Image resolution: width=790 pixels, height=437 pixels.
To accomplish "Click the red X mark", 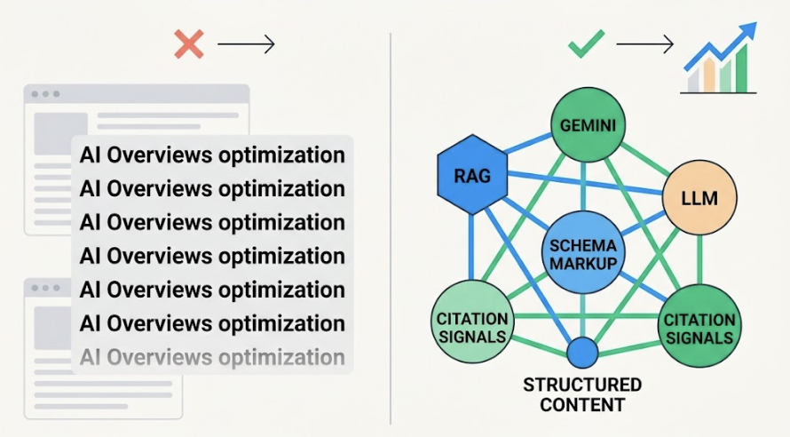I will pos(188,44).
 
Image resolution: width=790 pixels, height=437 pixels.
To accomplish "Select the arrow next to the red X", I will pos(247,44).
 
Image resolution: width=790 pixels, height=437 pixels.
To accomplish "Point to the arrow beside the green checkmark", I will pos(645,44).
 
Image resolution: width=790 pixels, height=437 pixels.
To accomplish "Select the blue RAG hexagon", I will pos(471,175).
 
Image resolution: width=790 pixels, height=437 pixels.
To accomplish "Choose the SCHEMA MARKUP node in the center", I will pos(582,253).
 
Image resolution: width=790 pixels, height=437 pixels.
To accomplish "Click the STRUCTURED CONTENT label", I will pos(582,395).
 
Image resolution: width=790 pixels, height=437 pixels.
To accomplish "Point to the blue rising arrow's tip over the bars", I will pos(751,29).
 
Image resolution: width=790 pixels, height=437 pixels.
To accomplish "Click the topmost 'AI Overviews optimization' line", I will pos(212,155).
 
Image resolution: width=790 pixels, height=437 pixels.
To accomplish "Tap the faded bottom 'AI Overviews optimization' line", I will pos(212,357).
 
